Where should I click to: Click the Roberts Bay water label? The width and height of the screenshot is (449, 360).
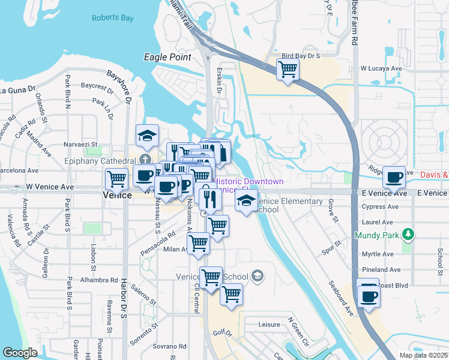pyautogui.click(x=112, y=18)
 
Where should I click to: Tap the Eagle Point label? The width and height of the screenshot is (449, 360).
pyautogui.click(x=167, y=57)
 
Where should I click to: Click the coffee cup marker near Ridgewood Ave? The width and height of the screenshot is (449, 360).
pyautogui.click(x=394, y=177)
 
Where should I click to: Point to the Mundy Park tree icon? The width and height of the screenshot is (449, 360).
pyautogui.click(x=408, y=233)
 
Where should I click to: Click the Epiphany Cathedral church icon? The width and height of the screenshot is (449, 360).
pyautogui.click(x=145, y=159)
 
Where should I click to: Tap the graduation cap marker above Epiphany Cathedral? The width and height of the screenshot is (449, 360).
pyautogui.click(x=146, y=136)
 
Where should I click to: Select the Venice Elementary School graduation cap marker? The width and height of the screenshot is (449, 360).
pyautogui.click(x=245, y=201)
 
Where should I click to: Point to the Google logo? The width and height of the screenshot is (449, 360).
pyautogui.click(x=20, y=353)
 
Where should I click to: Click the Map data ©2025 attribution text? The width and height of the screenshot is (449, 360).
pyautogui.click(x=423, y=355)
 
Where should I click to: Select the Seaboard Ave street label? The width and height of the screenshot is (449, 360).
pyautogui.click(x=340, y=298)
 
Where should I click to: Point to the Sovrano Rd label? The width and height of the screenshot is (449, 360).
pyautogui.click(x=169, y=346)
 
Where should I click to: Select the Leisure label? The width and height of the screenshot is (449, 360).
pyautogui.click(x=270, y=325)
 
